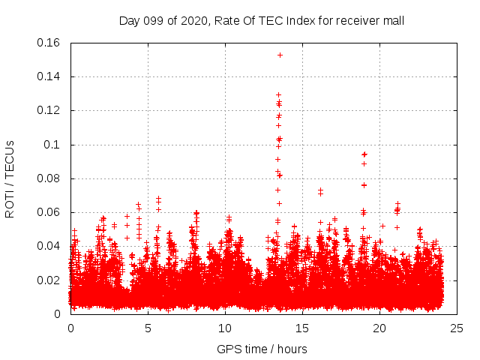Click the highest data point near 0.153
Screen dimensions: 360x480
280,55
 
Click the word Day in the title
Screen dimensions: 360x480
130,21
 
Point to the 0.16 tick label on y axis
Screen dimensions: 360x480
49,43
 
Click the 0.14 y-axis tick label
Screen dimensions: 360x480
49,76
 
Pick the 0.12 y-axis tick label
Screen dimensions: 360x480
49,110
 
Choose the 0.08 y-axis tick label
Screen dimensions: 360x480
49,178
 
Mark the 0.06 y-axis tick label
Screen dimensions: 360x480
49,212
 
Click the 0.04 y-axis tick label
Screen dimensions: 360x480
49,246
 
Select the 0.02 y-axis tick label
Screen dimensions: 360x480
49,280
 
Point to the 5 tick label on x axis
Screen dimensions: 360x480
148,328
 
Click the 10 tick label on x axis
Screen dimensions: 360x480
225,328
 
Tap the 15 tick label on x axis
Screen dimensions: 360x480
302,328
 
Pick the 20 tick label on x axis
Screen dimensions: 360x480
379,328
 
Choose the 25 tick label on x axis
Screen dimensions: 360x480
457,328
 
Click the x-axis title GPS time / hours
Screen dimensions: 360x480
262,349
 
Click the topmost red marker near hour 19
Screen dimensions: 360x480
364,154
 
